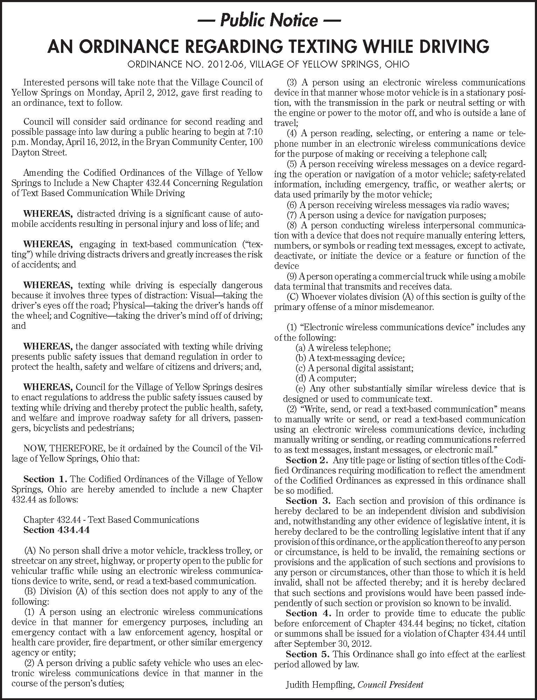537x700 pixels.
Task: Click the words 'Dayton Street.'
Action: (x=39, y=152)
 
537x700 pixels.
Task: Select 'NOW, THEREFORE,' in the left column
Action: (x=50, y=449)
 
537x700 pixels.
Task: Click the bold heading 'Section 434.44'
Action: (x=56, y=529)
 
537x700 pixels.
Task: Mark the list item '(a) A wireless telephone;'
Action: (x=343, y=348)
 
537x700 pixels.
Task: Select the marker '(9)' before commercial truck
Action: (x=292, y=276)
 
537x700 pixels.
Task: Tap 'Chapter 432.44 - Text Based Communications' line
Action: (x=111, y=519)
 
